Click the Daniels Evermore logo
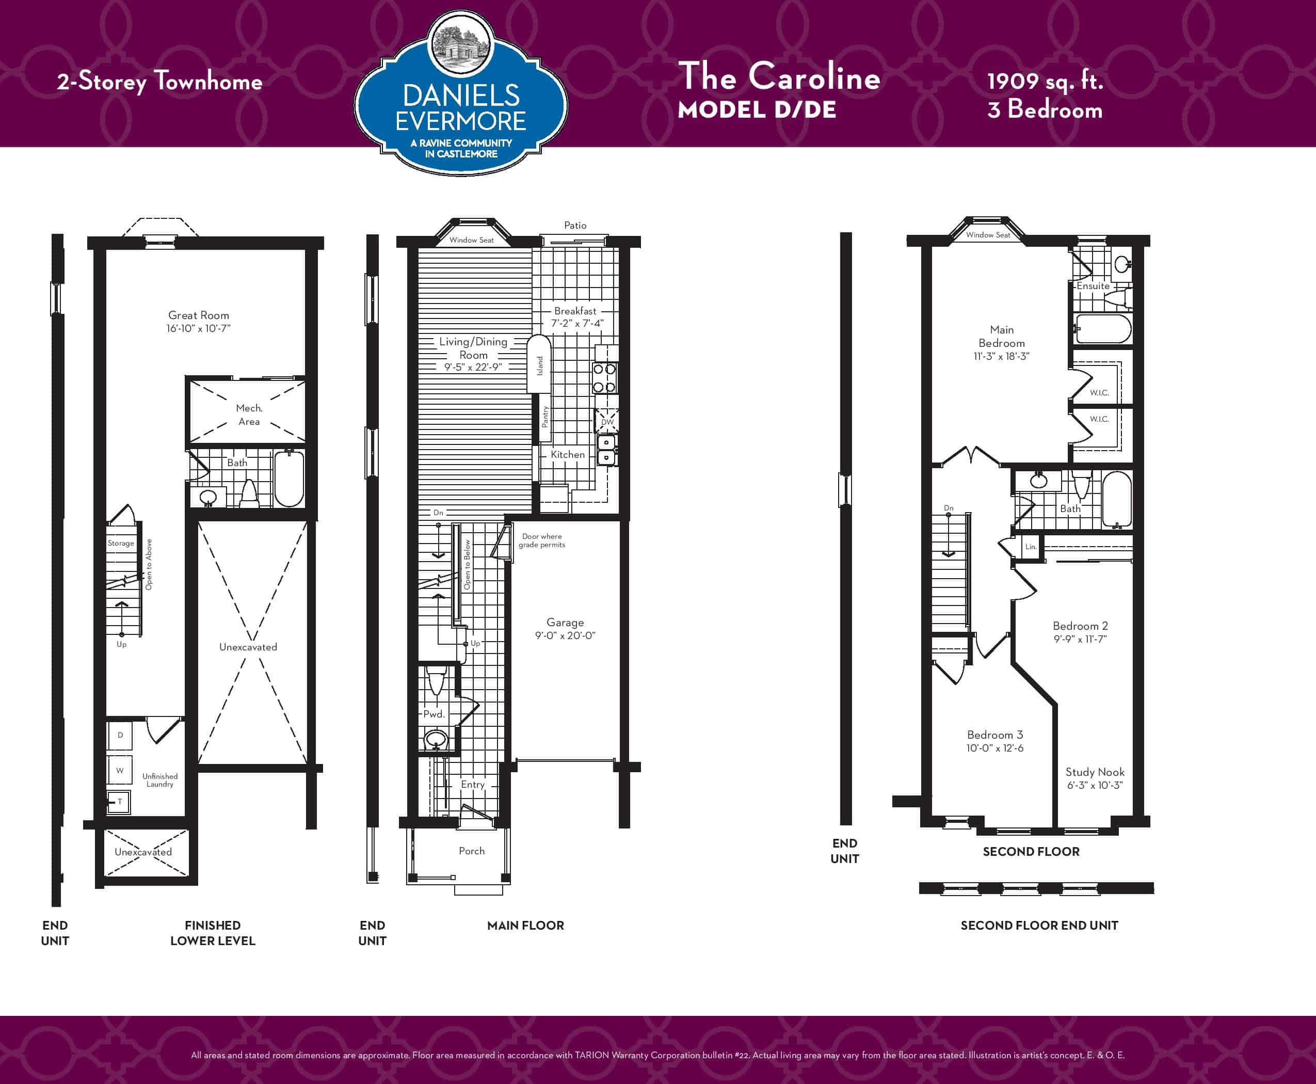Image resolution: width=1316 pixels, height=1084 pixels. (461, 93)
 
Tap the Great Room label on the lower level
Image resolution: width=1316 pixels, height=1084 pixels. (199, 315)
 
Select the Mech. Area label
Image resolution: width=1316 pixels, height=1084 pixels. (249, 415)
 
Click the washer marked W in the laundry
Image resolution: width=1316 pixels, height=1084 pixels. (120, 770)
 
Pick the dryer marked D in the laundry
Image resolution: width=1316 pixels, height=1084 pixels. (120, 735)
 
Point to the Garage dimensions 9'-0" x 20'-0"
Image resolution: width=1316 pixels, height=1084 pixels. (565, 635)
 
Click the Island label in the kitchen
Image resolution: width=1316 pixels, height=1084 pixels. (540, 366)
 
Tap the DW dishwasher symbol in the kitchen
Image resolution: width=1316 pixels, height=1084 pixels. (607, 422)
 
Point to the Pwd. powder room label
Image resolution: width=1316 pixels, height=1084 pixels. (434, 714)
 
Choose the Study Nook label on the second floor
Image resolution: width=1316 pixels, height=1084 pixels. (1095, 772)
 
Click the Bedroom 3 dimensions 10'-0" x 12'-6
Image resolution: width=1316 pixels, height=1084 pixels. (994, 748)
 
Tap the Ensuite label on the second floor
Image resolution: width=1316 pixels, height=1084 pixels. (1093, 286)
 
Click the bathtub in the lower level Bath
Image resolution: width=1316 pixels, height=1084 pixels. (289, 479)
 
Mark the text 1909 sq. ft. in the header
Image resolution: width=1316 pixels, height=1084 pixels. (1045, 82)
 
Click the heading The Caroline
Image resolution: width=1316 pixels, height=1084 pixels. (779, 76)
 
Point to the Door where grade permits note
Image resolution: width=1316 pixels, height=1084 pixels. (541, 541)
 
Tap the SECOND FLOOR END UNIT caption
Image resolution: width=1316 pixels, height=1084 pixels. (1039, 926)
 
